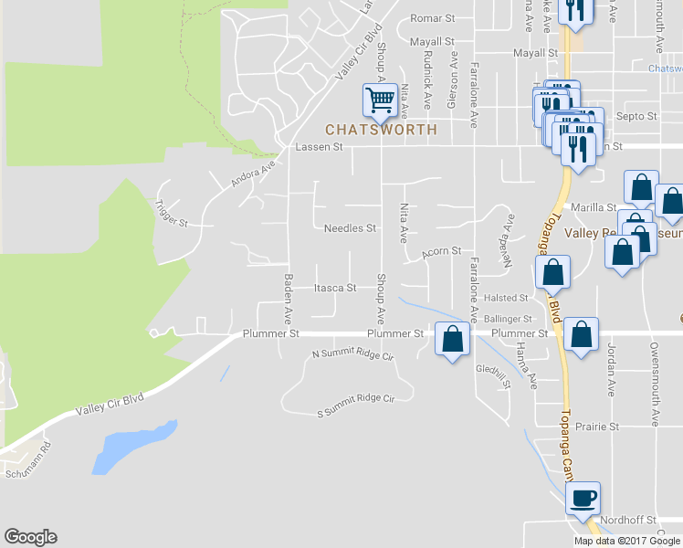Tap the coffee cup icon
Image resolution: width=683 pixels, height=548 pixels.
click(x=582, y=499)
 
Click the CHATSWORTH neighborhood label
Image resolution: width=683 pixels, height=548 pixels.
click(x=381, y=130)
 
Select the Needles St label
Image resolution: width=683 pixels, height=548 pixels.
click(x=350, y=228)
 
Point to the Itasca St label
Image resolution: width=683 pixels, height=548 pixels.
click(x=334, y=288)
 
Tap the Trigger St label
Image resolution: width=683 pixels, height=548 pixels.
click(x=171, y=215)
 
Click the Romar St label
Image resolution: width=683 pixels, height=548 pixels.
click(x=432, y=18)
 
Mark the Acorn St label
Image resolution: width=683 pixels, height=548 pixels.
click(x=442, y=251)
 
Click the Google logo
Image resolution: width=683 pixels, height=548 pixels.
click(x=30, y=537)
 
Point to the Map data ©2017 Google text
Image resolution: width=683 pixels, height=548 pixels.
click(x=625, y=541)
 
